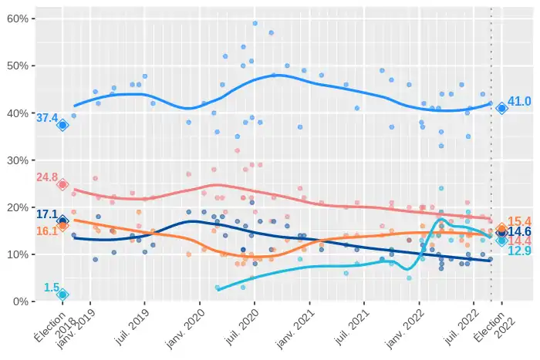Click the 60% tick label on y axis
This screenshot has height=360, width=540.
[x=17, y=19]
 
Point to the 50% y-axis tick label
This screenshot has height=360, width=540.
[x=17, y=66]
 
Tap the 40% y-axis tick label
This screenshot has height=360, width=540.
[x=17, y=113]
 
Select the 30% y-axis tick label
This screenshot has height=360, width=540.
[x=17, y=160]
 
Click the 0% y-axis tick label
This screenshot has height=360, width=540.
[x=20, y=301]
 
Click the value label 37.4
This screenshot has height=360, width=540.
[x=47, y=119]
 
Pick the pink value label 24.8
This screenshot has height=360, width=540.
[x=47, y=177]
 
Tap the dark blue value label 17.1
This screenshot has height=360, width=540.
[x=47, y=214]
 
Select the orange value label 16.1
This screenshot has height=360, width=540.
[x=47, y=230]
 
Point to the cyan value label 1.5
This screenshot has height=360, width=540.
[x=51, y=288]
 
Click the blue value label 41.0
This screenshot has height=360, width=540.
[x=519, y=102]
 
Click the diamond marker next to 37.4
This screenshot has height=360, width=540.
[x=62, y=126]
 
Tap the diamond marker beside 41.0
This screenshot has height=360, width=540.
[x=501, y=109]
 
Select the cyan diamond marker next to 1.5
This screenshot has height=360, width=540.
[x=62, y=294]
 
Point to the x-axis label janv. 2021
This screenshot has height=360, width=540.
[x=295, y=329]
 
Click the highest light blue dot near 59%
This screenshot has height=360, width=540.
[x=255, y=23]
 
